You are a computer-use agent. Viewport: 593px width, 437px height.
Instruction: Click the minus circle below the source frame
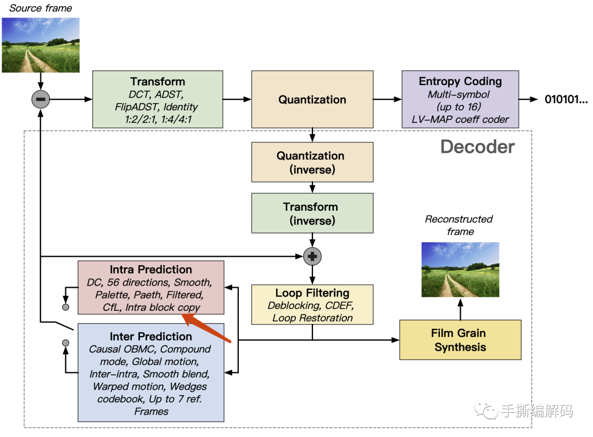41,99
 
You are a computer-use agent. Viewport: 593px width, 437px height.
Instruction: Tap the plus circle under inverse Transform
312,256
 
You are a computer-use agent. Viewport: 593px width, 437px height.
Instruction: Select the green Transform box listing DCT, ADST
158,99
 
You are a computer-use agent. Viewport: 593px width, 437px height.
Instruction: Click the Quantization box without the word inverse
312,99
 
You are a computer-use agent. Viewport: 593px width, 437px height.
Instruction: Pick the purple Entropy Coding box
460,99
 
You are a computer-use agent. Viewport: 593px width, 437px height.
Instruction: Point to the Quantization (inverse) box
312,163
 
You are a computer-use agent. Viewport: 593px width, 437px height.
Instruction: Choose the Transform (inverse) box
312,214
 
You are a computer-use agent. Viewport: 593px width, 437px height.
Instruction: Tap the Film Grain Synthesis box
460,340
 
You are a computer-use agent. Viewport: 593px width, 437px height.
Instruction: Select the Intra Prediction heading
151,270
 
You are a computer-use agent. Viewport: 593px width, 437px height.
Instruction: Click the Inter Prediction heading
151,337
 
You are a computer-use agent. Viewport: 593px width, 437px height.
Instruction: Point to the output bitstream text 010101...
566,99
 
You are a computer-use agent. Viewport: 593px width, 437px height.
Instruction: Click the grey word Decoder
478,147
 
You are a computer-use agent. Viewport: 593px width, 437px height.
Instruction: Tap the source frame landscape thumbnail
41,45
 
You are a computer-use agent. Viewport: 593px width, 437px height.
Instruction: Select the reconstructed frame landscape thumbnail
460,270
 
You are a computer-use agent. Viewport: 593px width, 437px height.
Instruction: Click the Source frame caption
41,8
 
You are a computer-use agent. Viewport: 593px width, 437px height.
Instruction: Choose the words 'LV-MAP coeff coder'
460,119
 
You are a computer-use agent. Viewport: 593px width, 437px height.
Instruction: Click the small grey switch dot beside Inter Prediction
66,343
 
